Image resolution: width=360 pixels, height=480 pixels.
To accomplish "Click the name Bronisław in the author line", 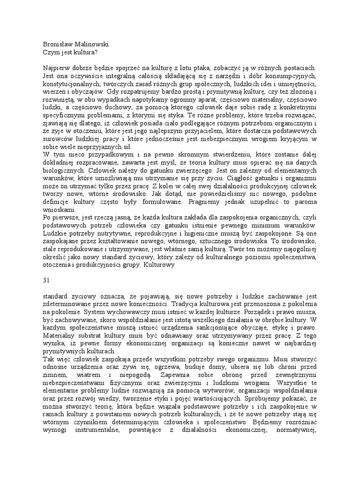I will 58,44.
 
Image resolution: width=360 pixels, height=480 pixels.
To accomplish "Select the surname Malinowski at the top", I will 91,44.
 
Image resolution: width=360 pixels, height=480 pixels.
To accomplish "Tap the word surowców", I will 56,140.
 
